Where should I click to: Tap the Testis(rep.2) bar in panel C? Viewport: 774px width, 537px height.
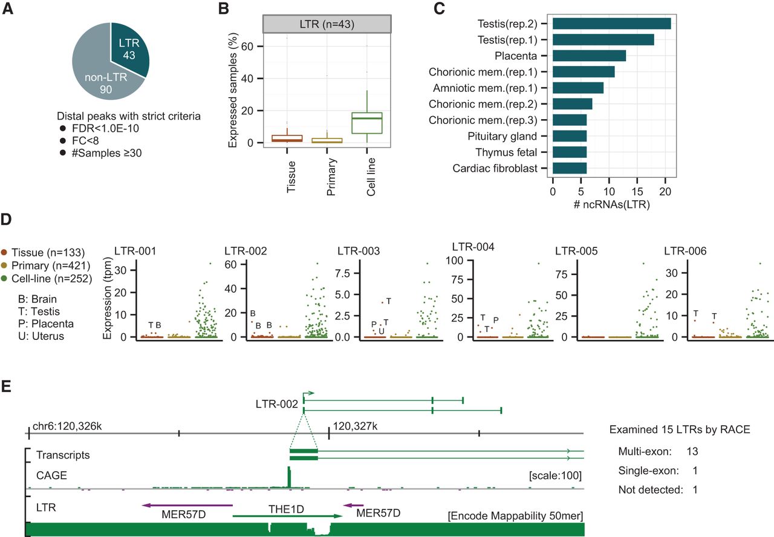tap(611, 24)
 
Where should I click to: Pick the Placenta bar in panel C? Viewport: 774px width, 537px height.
tap(589, 56)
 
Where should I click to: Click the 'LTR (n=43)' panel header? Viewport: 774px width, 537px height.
tap(327, 24)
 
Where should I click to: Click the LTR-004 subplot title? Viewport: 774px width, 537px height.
tap(472, 247)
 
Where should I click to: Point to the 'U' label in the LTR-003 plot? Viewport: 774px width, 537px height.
tap(381, 330)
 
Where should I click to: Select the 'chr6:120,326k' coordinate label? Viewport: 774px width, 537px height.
tap(68, 426)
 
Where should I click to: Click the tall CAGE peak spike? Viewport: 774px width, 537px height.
tap(290, 477)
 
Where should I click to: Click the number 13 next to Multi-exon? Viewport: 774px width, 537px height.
tap(694, 451)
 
